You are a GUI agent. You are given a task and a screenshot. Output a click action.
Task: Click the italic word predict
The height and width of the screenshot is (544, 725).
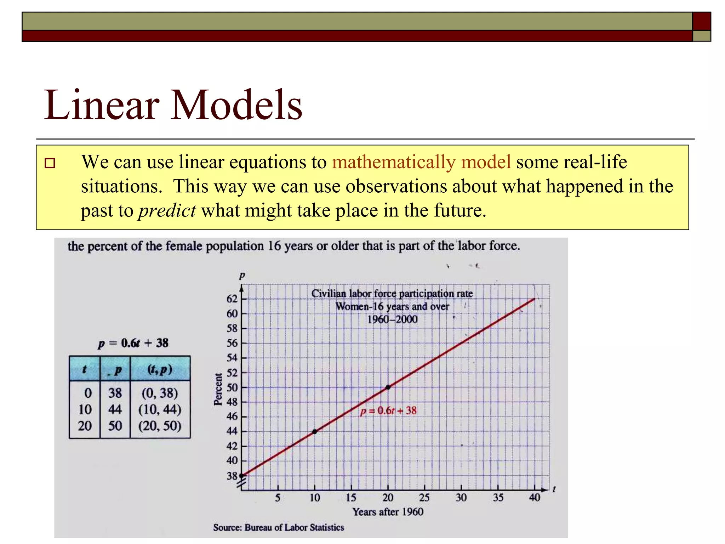coord(167,211)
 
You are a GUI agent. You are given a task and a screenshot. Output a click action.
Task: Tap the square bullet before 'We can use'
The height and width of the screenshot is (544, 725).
coord(50,163)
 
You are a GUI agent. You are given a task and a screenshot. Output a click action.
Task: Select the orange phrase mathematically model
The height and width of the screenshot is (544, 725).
coord(421,162)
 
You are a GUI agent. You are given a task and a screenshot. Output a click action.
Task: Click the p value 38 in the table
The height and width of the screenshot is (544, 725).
coord(115,393)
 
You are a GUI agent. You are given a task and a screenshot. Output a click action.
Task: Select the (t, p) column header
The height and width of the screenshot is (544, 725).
coord(160,369)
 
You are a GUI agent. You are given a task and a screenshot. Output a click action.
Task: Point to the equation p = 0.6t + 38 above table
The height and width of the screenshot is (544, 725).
coord(133,343)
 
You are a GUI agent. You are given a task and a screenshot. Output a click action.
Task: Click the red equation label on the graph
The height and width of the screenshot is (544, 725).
coord(388,411)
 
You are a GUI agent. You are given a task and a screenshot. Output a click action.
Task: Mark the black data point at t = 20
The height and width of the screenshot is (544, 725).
coord(388,387)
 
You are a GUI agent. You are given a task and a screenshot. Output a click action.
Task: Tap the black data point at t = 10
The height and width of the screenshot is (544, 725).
coord(315,431)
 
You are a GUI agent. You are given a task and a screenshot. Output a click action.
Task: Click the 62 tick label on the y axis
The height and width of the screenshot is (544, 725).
coord(232,299)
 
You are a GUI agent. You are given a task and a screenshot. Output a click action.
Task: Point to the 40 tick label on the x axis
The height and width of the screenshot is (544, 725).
coord(535,498)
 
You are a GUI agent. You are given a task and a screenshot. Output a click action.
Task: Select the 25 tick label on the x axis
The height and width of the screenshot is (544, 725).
coord(424,498)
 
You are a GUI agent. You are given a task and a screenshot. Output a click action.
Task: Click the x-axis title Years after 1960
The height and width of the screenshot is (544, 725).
coord(388,512)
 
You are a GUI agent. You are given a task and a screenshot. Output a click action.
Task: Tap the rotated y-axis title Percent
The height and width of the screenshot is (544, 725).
coord(218,389)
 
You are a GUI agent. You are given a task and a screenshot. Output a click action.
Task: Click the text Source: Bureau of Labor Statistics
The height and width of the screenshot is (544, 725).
coord(278,527)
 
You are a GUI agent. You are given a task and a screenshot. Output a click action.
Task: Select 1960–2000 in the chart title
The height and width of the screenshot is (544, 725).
coord(392,319)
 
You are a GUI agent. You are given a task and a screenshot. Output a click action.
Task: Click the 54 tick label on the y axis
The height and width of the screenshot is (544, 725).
coord(232,358)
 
